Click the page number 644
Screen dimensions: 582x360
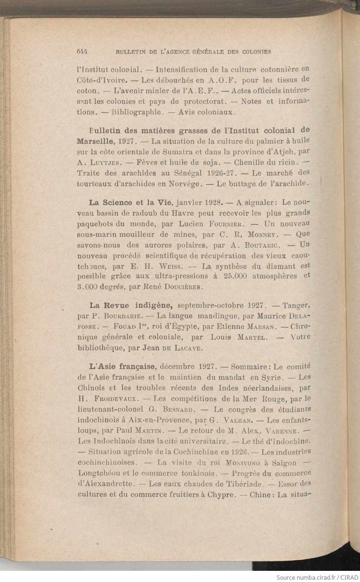point(84,52)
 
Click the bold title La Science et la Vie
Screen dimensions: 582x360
point(131,203)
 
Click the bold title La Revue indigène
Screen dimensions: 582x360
point(130,305)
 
